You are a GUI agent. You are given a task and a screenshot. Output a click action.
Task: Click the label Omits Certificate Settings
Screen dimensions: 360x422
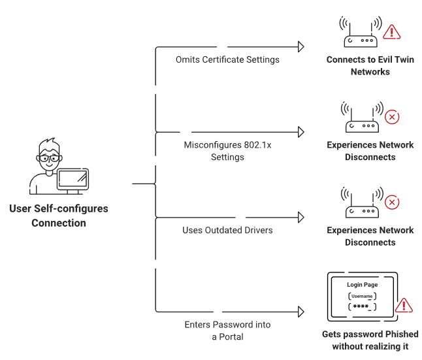(x=227, y=59)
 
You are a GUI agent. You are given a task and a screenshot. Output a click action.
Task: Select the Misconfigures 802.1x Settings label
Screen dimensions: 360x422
(x=227, y=151)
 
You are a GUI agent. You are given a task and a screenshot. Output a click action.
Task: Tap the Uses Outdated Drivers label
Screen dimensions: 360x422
(x=227, y=230)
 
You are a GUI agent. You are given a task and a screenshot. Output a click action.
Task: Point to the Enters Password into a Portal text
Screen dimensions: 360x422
(x=227, y=330)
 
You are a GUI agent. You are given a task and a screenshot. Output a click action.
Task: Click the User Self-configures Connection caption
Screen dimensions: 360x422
(x=59, y=216)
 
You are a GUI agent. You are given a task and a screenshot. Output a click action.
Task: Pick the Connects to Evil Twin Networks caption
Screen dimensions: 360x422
(x=370, y=65)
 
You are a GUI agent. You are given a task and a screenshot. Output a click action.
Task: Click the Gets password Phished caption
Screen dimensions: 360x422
(x=370, y=340)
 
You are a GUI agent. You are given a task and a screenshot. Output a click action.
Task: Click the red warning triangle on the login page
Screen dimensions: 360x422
(x=404, y=305)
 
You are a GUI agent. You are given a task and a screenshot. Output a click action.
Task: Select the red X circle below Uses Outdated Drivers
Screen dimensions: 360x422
(x=392, y=202)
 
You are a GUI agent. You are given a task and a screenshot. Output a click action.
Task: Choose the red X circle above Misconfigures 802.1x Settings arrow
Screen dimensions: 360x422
(x=392, y=118)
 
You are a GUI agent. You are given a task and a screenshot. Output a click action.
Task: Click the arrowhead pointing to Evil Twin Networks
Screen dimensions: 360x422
(x=301, y=46)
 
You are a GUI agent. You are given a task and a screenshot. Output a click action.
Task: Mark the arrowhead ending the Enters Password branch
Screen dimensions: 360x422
(x=301, y=312)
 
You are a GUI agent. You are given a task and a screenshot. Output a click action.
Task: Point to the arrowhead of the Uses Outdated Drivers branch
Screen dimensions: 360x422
(x=301, y=217)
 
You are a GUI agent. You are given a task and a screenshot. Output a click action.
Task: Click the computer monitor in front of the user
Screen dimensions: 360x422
(x=73, y=178)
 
